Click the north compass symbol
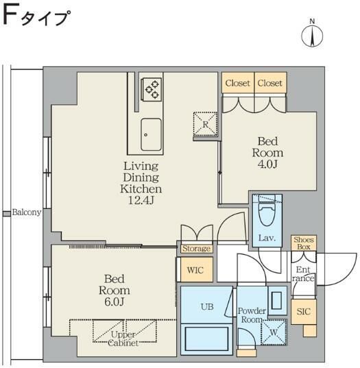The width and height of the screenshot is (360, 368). tap(313, 34)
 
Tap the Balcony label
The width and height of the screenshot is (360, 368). tap(26, 212)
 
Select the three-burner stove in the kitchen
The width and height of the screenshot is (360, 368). tap(151, 88)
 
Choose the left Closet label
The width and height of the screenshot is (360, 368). tap(237, 84)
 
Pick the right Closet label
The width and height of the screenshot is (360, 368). tap(270, 84)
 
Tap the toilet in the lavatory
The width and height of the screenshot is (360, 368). tap(267, 215)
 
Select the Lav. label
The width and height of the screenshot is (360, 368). tap(267, 238)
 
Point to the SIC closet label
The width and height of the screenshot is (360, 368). tap(302, 312)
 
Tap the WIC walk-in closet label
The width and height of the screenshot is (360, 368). tap(195, 269)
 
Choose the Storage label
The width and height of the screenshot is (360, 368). tap(196, 248)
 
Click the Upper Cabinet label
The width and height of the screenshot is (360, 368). tap(124, 339)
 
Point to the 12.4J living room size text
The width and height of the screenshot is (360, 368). tap(141, 199)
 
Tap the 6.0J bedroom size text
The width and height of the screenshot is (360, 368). tap(113, 302)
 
